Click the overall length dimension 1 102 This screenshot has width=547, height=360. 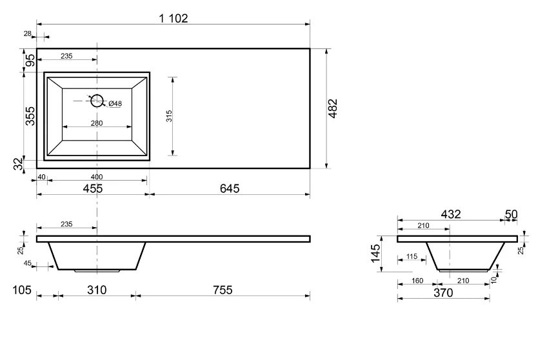[174, 18]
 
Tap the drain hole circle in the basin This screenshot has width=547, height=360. [97, 101]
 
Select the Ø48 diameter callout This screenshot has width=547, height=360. [115, 103]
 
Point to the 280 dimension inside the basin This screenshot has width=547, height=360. [97, 123]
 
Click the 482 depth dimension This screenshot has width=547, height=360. [333, 108]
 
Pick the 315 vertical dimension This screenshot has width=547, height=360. [169, 116]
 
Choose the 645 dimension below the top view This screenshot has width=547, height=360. [230, 188]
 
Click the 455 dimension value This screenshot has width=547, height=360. [93, 188]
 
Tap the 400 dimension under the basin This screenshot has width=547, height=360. [97, 177]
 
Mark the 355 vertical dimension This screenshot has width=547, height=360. [30, 116]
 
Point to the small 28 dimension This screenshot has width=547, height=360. [28, 34]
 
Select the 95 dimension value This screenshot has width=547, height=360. [31, 60]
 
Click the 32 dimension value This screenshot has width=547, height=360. [19, 164]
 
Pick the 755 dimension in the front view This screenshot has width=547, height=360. [223, 290]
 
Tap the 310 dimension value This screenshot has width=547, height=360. [97, 290]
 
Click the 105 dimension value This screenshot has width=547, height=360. [22, 290]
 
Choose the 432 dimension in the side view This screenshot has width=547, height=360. [451, 214]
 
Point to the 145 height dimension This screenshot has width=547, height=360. [375, 254]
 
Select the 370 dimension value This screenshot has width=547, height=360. [443, 293]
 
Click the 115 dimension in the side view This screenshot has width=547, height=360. [412, 256]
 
